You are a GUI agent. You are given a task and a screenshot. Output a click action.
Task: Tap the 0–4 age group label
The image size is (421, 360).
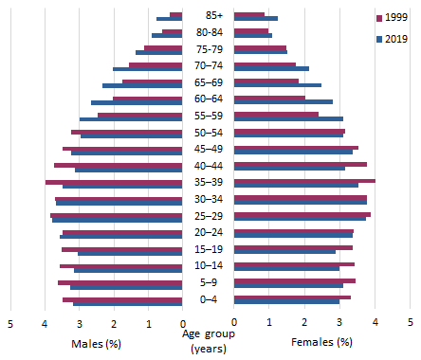point(208,300)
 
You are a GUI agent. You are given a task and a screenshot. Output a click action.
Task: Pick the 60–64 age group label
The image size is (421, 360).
point(208,99)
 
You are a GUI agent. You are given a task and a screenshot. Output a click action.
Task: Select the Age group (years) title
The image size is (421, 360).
point(208,341)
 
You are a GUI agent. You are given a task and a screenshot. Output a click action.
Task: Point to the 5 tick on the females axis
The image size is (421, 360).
point(410,324)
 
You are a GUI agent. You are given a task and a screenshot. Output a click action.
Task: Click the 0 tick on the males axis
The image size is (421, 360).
point(182,324)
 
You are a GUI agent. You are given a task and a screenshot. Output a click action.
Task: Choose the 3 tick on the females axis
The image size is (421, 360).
point(339,324)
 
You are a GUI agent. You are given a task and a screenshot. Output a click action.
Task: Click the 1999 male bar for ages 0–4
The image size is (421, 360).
point(122,298)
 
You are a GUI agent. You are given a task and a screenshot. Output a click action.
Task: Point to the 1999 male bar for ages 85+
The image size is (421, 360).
point(175,14)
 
